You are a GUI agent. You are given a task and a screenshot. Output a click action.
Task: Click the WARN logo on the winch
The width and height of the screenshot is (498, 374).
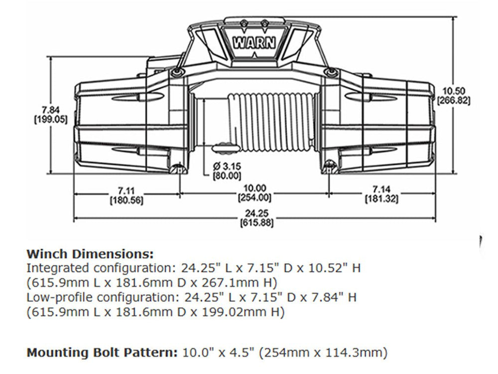coord(253,42)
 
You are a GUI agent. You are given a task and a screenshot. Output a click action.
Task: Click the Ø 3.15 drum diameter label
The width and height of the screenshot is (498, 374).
coord(227,166)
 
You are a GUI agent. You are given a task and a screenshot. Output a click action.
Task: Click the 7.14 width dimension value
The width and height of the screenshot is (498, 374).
coord(381,190)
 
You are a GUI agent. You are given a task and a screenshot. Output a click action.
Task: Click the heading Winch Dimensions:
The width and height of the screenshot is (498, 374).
coord(90,253)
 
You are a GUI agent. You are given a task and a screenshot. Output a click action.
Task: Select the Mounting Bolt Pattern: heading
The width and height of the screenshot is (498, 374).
coord(102,353)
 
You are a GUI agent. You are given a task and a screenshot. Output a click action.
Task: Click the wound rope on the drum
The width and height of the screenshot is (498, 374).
coord(271,122)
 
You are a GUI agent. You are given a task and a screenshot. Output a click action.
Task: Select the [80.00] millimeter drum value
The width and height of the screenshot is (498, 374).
coord(227,176)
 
